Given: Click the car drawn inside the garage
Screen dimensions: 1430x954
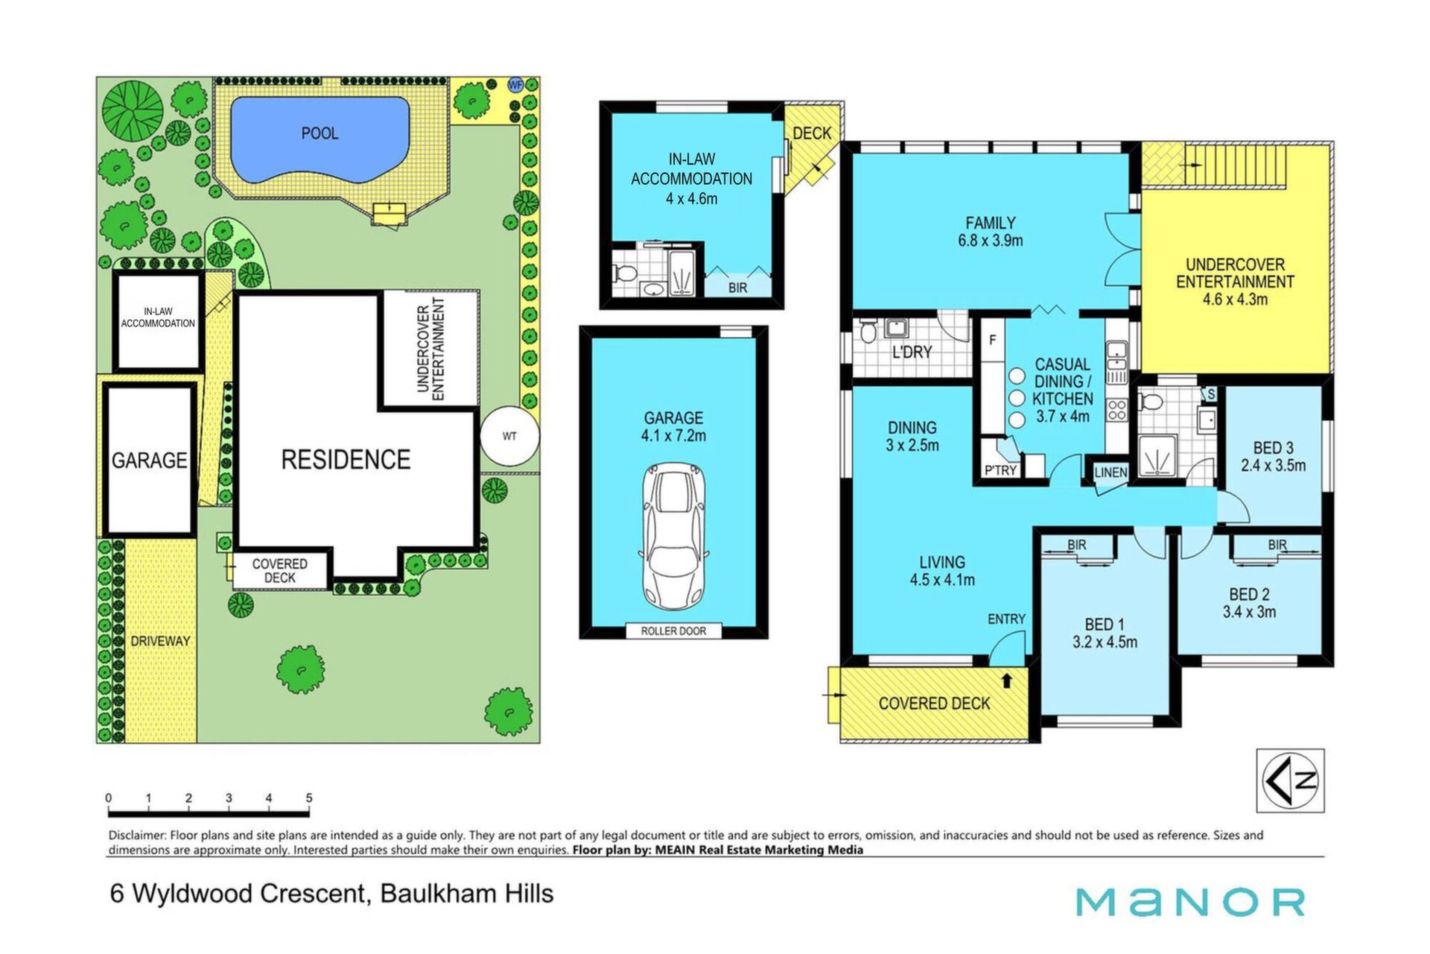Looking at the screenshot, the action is (x=673, y=537).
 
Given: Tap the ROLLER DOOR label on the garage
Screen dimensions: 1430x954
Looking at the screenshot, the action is (x=673, y=631).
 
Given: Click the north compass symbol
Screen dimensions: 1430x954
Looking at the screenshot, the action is (x=1291, y=780).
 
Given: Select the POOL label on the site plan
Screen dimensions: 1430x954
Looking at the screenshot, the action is (x=320, y=133).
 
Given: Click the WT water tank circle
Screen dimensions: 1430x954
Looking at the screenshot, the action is (x=509, y=436).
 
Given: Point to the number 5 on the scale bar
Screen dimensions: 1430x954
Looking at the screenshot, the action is (x=308, y=797).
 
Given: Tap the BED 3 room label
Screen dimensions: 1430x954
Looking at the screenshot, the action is (x=1273, y=457).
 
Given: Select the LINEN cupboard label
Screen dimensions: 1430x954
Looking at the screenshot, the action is (x=1110, y=473).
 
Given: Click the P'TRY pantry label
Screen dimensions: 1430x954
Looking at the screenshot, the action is (x=1000, y=470).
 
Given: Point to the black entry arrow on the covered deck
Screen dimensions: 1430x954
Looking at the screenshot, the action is (x=1007, y=680).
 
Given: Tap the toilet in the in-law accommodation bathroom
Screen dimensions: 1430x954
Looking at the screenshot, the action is (x=624, y=271).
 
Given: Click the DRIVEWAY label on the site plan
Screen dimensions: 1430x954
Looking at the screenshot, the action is (x=160, y=641).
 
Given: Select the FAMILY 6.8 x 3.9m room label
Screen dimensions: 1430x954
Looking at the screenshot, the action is (x=990, y=232).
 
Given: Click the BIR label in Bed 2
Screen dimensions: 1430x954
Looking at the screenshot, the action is (x=1277, y=545).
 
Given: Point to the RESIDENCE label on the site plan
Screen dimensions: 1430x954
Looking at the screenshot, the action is (x=346, y=459).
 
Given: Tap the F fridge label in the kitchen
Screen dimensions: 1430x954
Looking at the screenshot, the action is (x=992, y=340).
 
